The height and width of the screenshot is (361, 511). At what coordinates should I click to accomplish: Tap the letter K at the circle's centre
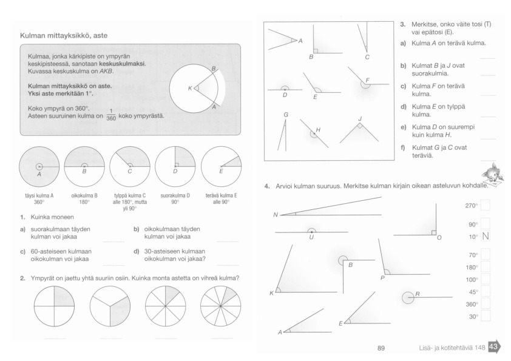[190, 89]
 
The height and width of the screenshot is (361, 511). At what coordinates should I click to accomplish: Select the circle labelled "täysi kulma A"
[39, 166]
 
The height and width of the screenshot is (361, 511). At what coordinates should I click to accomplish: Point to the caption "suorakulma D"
[175, 197]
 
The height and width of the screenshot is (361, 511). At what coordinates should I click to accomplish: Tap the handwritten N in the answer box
[485, 236]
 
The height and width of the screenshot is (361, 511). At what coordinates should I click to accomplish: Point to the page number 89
[382, 348]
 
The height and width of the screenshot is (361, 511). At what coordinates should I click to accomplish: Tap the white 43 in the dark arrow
[493, 347]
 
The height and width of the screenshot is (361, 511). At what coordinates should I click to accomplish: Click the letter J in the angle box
[359, 118]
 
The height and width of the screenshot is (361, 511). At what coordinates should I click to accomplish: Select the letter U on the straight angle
[311, 238]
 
